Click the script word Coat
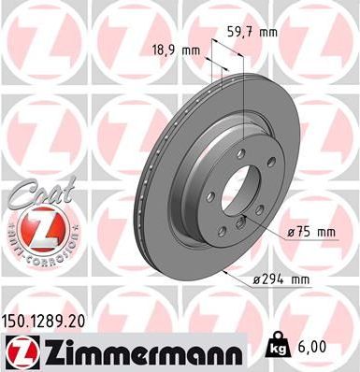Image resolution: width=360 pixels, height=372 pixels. [x=36, y=193]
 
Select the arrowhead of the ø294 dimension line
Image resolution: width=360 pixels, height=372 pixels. [x=225, y=271]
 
